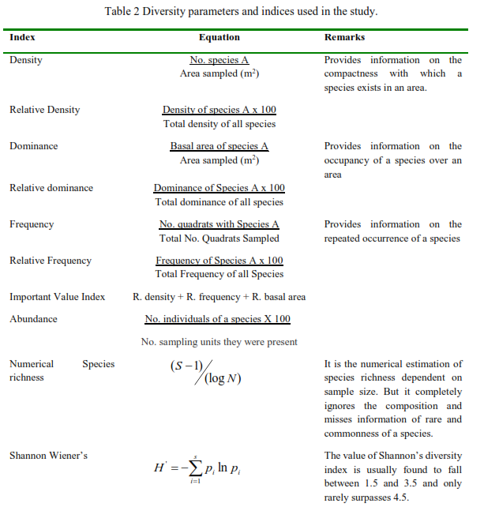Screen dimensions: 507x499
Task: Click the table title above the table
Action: pyautogui.click(x=241, y=11)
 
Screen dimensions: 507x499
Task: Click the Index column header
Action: pyautogui.click(x=22, y=37)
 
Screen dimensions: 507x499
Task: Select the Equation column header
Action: pyautogui.click(x=219, y=37)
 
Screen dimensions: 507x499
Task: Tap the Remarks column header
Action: pyautogui.click(x=344, y=37)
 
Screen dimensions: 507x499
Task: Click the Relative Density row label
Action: pyautogui.click(x=44, y=110)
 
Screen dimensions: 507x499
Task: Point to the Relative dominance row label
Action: pyautogui.click(x=51, y=188)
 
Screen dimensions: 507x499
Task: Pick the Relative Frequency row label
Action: pyautogui.click(x=50, y=261)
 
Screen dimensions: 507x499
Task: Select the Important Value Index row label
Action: pyautogui.click(x=57, y=297)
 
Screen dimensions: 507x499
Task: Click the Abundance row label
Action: pyautogui.click(x=33, y=319)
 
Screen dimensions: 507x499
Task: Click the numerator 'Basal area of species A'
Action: pyautogui.click(x=219, y=146)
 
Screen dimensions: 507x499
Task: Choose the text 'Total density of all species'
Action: pyautogui.click(x=219, y=124)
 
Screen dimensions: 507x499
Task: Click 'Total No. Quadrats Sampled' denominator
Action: pyautogui.click(x=219, y=238)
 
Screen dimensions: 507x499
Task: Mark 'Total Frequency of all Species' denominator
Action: pyautogui.click(x=219, y=274)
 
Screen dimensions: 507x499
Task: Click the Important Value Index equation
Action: pyautogui.click(x=219, y=297)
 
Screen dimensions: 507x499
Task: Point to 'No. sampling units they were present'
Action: pyautogui.click(x=219, y=342)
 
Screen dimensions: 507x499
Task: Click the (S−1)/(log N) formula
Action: pyautogui.click(x=204, y=372)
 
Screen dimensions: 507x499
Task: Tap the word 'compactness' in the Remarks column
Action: pyautogui.click(x=351, y=73)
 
